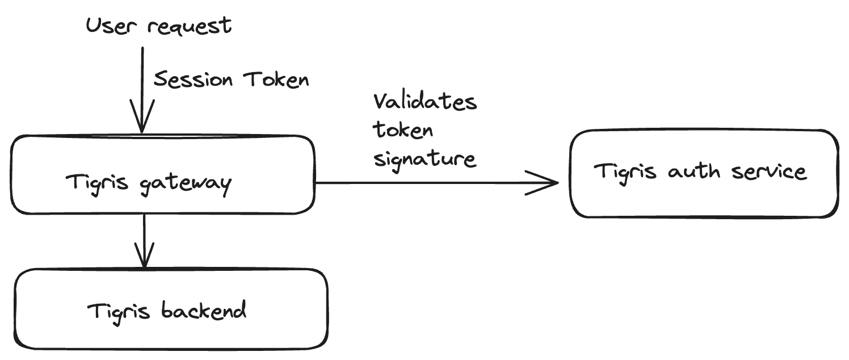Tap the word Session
click(194, 79)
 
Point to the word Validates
click(425, 102)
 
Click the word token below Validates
click(403, 130)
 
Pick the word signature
click(424, 159)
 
